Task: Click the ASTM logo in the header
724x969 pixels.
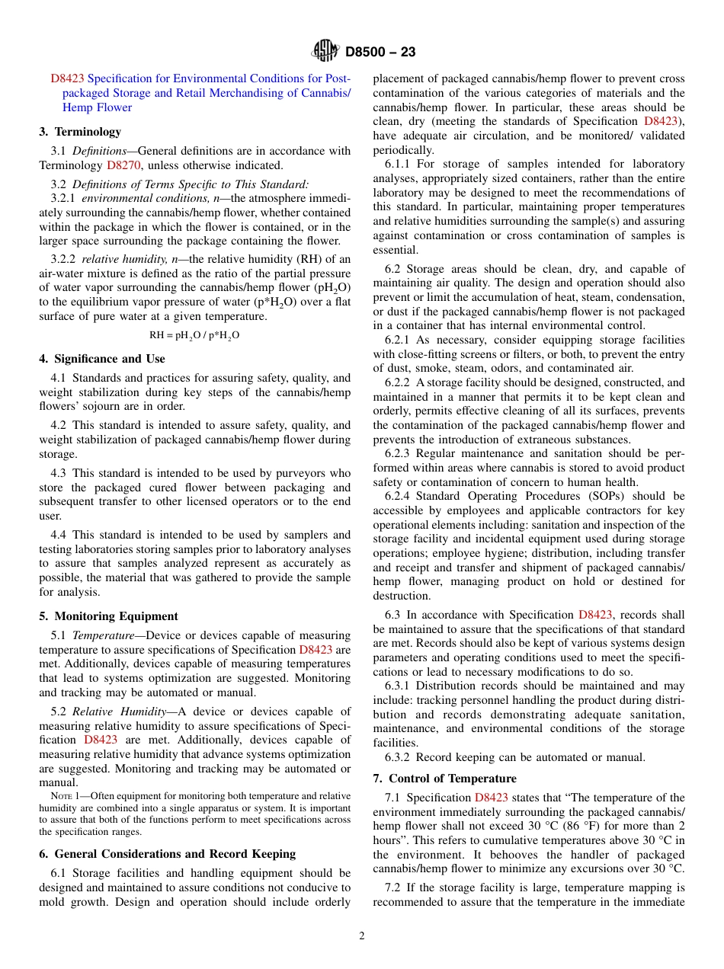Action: point(325,52)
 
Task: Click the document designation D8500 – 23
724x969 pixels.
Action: point(380,53)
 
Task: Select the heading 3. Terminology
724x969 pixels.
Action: point(80,132)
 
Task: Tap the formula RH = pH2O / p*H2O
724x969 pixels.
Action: point(194,334)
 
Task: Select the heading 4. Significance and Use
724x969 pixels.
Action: point(102,359)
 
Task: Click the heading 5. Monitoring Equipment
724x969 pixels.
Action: point(109,616)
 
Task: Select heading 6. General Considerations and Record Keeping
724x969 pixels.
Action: point(167,854)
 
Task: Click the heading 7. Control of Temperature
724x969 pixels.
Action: point(444,779)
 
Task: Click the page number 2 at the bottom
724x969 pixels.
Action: point(362,936)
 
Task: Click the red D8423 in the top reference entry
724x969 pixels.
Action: point(67,78)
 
